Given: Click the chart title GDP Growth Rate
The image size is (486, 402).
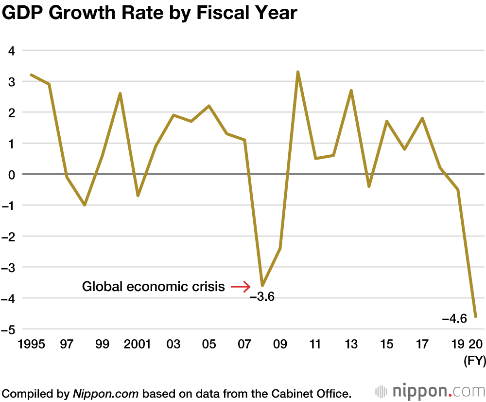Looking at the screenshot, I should [150, 13].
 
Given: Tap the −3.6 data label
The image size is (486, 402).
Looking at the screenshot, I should [262, 296].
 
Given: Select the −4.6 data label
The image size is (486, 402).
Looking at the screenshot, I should [454, 319].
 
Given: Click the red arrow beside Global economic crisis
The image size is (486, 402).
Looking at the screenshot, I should [240, 287].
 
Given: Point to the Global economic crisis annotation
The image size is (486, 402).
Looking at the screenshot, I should [153, 287].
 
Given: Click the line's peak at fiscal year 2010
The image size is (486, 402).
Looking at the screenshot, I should [297, 72].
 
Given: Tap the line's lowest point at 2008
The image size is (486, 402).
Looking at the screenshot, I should [262, 286].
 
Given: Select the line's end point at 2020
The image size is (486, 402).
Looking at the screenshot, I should [476, 317].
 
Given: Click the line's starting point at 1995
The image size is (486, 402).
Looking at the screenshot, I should [31, 75].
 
